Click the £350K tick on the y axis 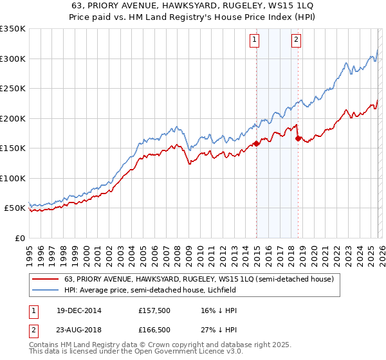pyautogui.click(x=13, y=29)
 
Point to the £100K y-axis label pyautogui.click(x=13, y=178)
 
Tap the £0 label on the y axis pyautogui.click(x=19, y=238)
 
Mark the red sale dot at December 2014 pyautogui.click(x=256, y=144)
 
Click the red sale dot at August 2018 pyautogui.click(x=298, y=138)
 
